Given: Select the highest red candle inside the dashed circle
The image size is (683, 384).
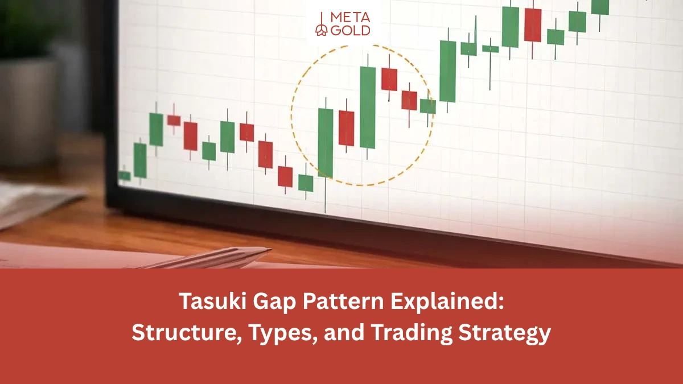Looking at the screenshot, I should point(389,79).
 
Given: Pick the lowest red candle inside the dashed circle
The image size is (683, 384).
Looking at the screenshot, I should point(346,128).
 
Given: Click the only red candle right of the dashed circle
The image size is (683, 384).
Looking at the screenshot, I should point(533,25).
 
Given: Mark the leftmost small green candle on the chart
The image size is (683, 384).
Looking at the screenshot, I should point(124,176).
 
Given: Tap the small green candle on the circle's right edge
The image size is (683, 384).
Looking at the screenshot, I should point(427,106).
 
